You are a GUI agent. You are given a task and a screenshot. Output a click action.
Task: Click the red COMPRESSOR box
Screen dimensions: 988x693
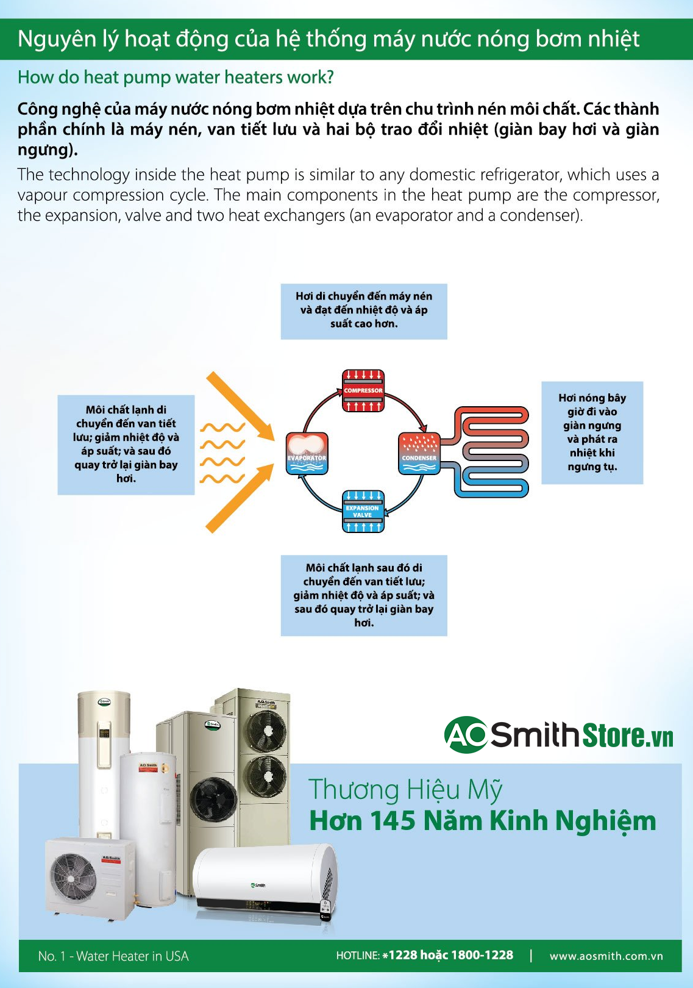[363, 390]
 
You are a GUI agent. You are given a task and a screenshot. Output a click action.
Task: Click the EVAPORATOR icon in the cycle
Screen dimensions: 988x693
[307, 454]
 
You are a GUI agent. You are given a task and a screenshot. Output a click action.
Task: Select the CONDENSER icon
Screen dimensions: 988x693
[419, 454]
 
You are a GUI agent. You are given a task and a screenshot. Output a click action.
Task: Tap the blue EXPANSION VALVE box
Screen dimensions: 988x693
[363, 511]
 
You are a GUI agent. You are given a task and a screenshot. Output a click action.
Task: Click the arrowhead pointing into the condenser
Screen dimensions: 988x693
[422, 428]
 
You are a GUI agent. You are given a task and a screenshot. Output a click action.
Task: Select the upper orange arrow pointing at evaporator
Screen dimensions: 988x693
[241, 406]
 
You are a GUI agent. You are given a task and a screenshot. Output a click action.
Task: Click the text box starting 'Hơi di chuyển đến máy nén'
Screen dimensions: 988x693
[364, 310]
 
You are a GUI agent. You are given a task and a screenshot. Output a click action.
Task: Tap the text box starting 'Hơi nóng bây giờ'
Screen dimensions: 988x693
[592, 432]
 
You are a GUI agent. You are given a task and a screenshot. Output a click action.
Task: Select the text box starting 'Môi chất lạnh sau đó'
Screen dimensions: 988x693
[364, 595]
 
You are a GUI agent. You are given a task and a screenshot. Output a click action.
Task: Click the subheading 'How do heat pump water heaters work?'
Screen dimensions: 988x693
[176, 77]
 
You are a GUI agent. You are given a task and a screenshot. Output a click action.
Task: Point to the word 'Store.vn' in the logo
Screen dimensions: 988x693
[628, 735]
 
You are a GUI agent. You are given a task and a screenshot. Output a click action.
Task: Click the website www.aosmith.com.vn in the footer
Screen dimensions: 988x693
[606, 956]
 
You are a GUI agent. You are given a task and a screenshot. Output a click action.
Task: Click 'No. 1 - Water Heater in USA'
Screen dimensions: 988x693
[113, 956]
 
